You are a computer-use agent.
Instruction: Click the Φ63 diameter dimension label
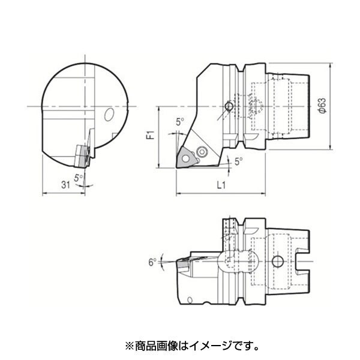point(323,106)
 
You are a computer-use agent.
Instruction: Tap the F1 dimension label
point(151,135)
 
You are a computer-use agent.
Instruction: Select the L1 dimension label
point(221,185)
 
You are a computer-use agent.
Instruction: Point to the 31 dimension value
point(65,185)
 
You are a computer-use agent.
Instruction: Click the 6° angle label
point(152,262)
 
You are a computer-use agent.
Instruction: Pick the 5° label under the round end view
point(78,178)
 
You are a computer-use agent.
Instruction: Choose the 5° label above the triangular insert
point(180,122)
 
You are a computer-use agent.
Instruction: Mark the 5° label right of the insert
point(239,161)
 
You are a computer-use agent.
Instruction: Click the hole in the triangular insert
point(185,158)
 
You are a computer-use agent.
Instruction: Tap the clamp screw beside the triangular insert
point(202,152)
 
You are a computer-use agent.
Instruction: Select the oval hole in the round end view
point(109,114)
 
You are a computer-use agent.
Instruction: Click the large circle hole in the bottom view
point(277,261)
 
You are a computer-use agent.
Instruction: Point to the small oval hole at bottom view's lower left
point(190,300)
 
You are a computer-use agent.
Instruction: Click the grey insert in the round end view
point(82,156)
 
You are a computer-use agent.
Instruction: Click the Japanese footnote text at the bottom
point(192,346)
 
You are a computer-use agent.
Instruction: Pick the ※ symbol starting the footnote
point(129,346)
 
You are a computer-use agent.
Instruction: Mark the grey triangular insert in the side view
point(186,158)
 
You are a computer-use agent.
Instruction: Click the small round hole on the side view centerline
point(229,107)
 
